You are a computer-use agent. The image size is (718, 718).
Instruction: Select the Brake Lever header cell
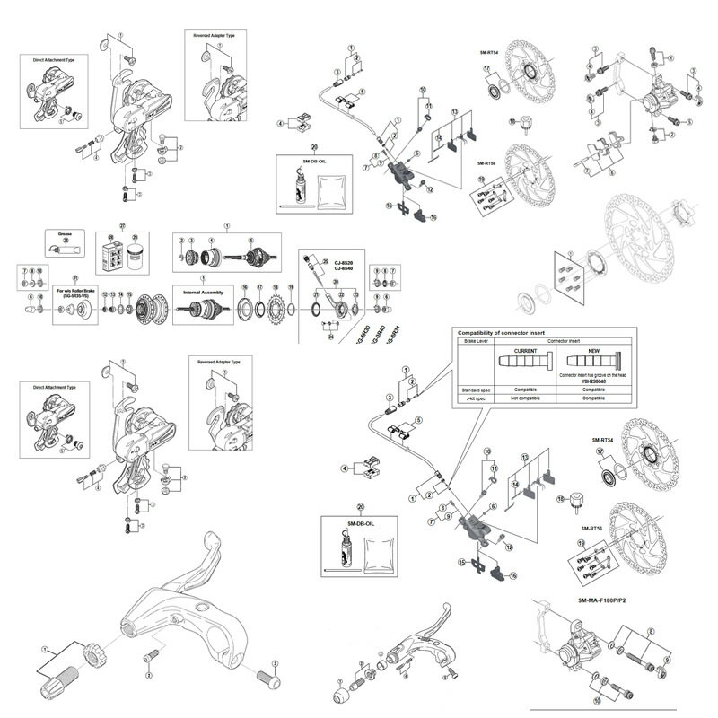coord(475,341)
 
